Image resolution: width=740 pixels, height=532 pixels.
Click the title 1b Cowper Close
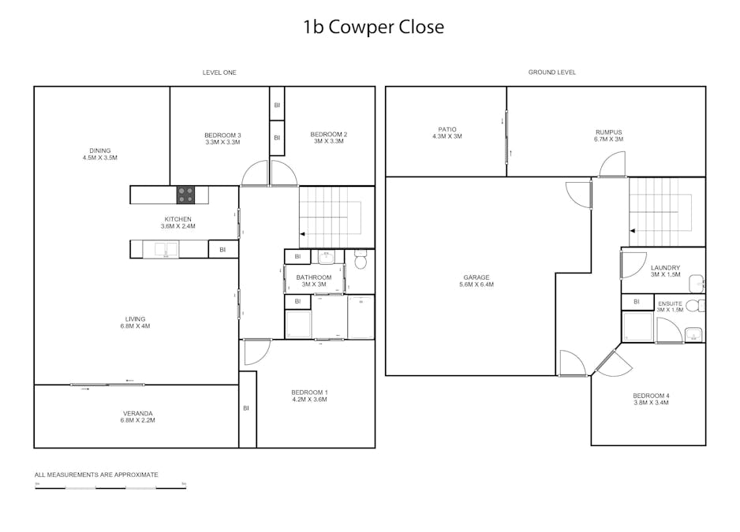(373, 28)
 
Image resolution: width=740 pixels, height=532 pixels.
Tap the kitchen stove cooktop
(185, 195)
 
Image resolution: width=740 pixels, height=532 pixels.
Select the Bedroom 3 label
(222, 139)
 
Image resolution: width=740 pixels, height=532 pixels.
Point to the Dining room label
(99, 154)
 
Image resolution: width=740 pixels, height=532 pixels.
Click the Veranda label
(138, 417)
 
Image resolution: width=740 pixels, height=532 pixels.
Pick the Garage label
(477, 281)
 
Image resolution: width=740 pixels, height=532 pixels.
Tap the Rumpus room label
(608, 136)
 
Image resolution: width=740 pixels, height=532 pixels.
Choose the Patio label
(447, 132)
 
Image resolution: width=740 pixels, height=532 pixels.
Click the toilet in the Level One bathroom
(361, 259)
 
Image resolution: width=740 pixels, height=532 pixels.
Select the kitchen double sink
(166, 249)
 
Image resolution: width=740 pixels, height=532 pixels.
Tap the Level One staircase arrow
(302, 234)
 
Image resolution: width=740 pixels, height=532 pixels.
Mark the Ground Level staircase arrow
(633, 231)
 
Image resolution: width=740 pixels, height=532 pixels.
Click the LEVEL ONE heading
(219, 73)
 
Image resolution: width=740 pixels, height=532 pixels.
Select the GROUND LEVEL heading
(551, 73)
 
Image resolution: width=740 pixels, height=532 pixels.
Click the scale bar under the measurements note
(110, 488)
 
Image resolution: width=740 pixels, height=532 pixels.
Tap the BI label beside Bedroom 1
(246, 408)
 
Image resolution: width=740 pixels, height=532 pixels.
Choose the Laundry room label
(665, 271)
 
